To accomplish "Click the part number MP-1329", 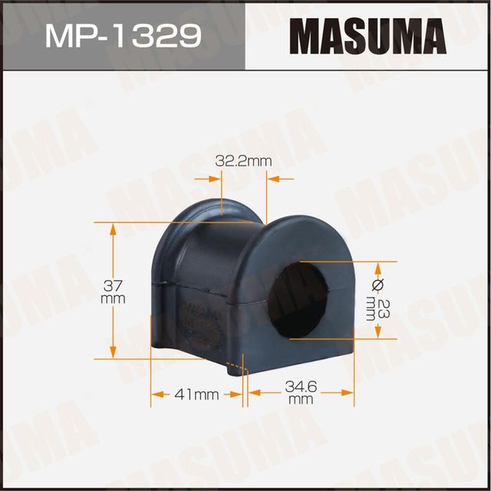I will coord(122,35).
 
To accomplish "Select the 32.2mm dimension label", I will coord(244,161).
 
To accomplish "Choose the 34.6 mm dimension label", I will coord(301,394).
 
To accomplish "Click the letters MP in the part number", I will coord(65,35).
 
